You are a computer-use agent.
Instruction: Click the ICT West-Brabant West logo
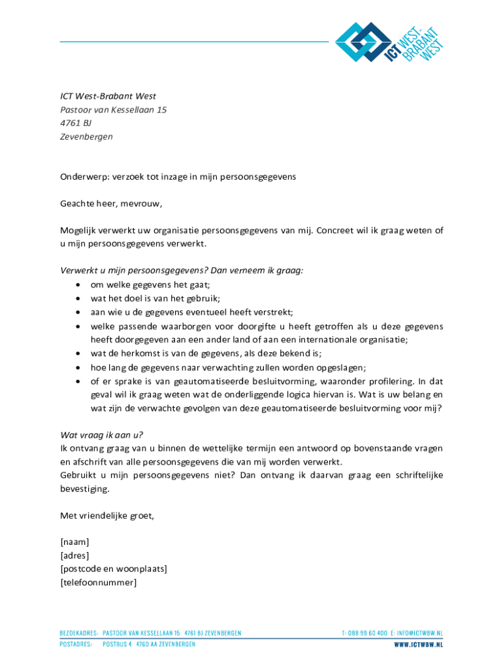pos(389,42)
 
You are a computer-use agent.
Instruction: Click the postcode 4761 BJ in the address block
pos(76,123)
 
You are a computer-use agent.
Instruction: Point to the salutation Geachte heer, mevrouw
pos(110,204)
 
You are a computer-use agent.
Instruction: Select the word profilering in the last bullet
pos(385,381)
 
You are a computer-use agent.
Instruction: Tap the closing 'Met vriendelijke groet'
pos(107,516)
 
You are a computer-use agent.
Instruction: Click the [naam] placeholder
pos(74,542)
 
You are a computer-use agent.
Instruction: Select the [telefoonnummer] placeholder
pos(98,583)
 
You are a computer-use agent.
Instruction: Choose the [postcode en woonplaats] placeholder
pos(113,569)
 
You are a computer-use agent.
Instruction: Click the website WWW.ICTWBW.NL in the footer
pos(418,644)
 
